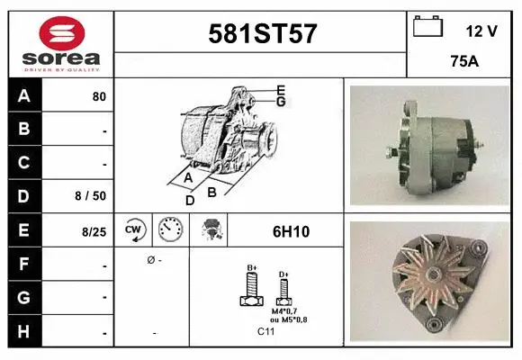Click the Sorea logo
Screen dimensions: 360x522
[60, 42]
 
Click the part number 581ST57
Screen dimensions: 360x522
[261, 34]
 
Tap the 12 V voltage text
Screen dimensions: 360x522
[481, 31]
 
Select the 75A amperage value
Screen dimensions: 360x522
[463, 62]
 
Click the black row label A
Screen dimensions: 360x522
[24, 96]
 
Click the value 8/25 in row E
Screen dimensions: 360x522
[94, 231]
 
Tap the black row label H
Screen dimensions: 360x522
[24, 332]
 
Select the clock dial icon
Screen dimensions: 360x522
[171, 230]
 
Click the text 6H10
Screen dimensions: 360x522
[291, 231]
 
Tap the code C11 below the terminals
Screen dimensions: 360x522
[267, 332]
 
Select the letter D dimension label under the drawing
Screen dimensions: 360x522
[190, 200]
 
